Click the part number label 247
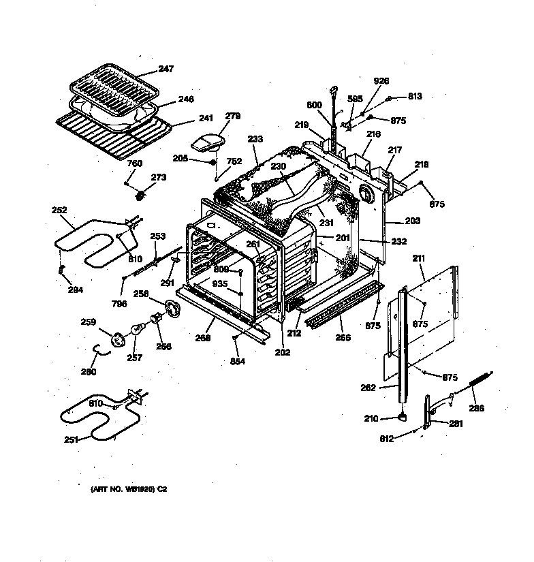click(x=167, y=69)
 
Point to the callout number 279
click(x=233, y=116)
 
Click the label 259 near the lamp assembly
click(x=88, y=322)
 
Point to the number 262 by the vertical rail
click(x=368, y=388)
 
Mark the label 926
click(x=381, y=81)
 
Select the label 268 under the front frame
click(x=202, y=337)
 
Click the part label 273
click(x=158, y=178)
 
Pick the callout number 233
click(x=255, y=139)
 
